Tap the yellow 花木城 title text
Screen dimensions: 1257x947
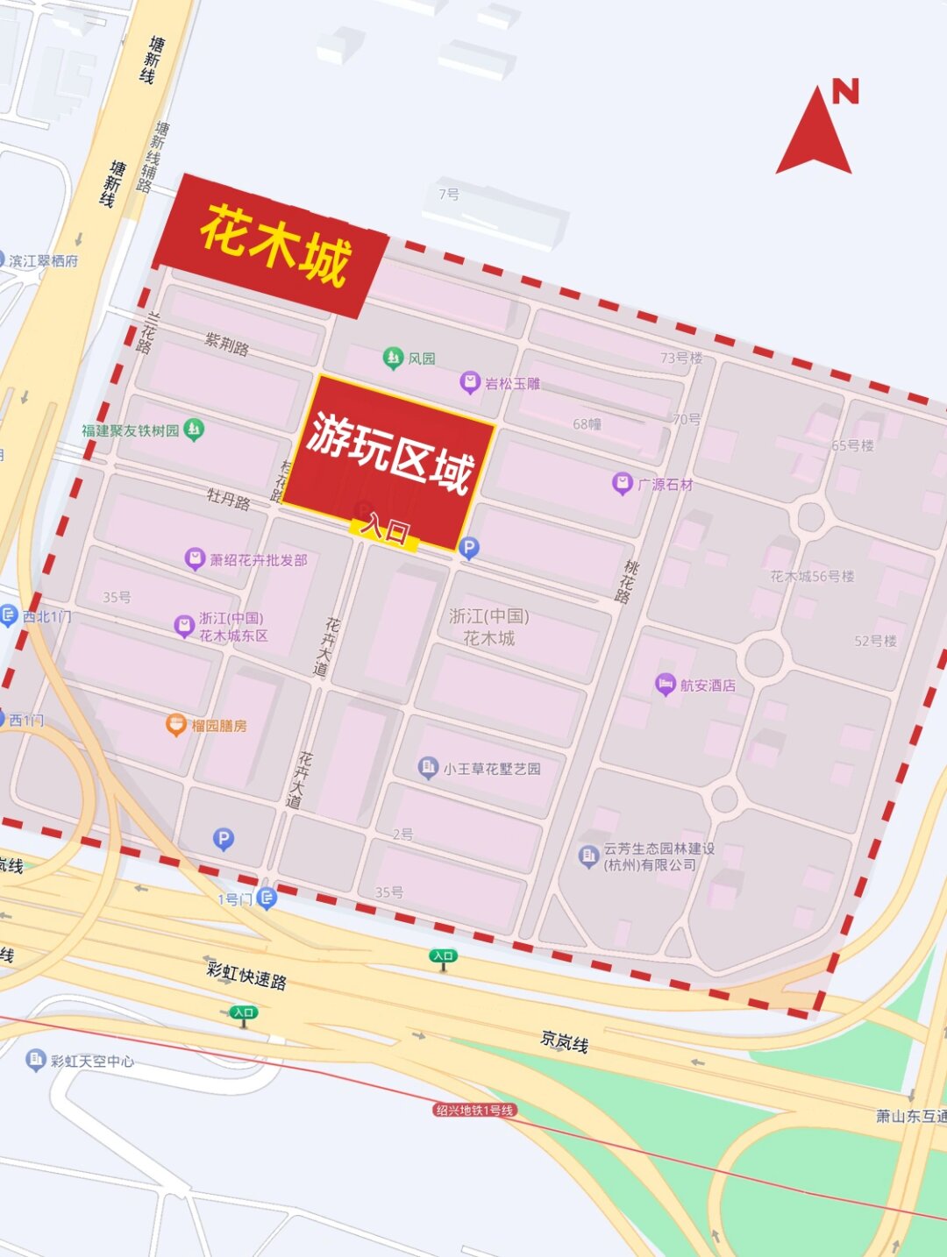(x=275, y=245)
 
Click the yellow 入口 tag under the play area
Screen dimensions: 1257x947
(x=384, y=531)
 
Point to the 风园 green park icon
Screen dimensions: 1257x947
(x=393, y=358)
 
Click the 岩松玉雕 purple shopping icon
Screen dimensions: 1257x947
(x=470, y=382)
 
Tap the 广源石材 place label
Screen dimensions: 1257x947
(x=665, y=484)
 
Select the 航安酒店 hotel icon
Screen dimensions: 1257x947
(x=666, y=685)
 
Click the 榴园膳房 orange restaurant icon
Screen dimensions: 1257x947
(x=176, y=725)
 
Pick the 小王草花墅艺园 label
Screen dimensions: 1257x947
(x=491, y=769)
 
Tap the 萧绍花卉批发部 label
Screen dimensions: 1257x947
(x=258, y=559)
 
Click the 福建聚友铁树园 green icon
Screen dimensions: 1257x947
(x=195, y=430)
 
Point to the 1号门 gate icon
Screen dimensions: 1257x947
(x=267, y=898)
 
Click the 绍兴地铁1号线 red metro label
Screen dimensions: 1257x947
(x=474, y=1110)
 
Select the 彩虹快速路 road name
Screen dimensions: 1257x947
(x=246, y=975)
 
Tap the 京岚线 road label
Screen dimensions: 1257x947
(x=564, y=1041)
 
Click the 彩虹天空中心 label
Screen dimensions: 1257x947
(x=92, y=1061)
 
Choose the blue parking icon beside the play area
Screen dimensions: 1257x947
(x=469, y=548)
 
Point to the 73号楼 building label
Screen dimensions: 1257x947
(x=681, y=358)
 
